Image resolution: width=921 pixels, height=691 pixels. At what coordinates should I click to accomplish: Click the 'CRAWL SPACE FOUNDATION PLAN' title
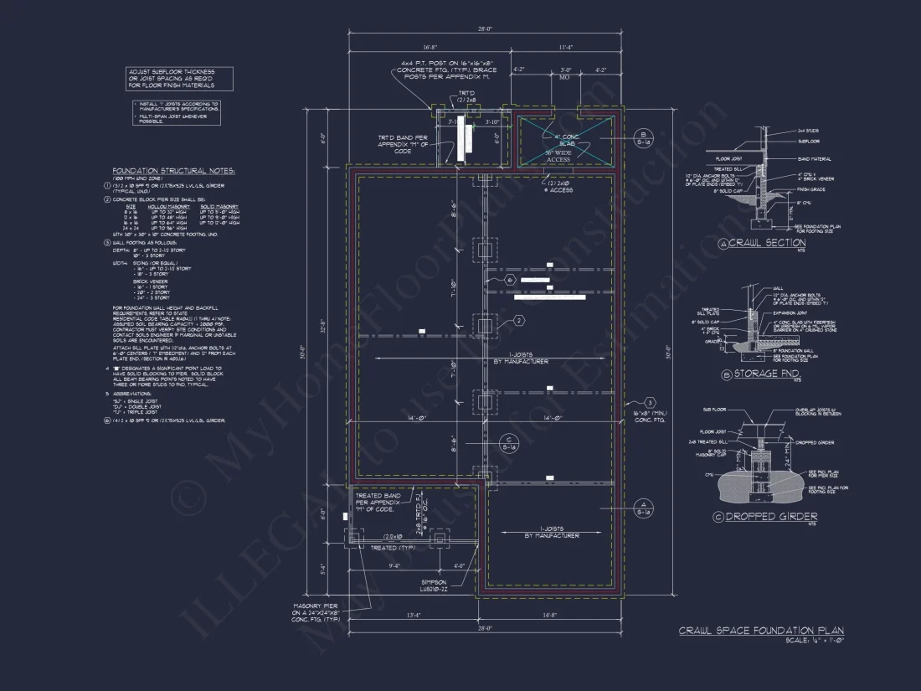tap(760, 631)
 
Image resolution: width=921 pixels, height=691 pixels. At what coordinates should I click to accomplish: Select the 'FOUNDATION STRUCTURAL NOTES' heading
tap(173, 171)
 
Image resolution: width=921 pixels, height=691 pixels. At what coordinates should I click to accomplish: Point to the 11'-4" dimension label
tap(566, 48)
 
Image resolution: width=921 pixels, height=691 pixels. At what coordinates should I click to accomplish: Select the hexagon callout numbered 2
tap(519, 320)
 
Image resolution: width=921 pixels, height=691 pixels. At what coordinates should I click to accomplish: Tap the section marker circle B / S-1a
tap(643, 139)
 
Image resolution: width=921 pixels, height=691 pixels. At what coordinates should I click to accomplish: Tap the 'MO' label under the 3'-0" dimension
tap(564, 76)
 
